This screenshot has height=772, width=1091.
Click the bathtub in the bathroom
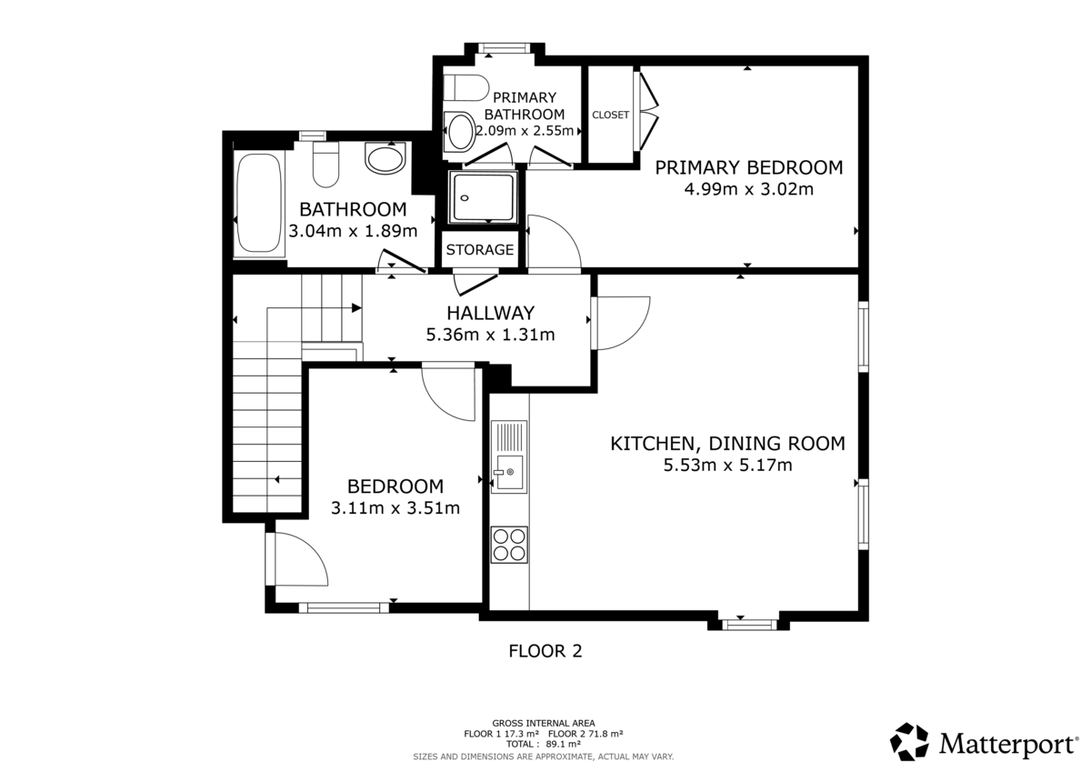(258, 203)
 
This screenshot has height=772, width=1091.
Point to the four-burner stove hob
(509, 544)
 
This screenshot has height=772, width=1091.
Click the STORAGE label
(480, 250)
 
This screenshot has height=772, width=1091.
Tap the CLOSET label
(610, 115)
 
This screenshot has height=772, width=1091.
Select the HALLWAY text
(490, 313)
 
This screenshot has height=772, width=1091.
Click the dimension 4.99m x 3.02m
(748, 190)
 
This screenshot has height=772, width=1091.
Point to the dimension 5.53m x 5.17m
(727, 466)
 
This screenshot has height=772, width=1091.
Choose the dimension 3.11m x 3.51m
(395, 507)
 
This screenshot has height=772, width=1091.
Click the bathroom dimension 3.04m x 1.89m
(353, 231)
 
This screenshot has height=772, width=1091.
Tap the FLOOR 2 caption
(545, 651)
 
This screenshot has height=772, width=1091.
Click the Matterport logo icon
(909, 742)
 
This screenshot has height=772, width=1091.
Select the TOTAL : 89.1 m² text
(543, 743)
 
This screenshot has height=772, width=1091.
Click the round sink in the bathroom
(385, 161)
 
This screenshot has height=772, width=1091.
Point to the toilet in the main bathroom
(325, 165)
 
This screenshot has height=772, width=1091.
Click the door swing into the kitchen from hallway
(621, 322)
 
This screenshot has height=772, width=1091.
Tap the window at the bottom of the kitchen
(749, 624)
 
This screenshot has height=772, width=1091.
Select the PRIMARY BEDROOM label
(748, 167)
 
